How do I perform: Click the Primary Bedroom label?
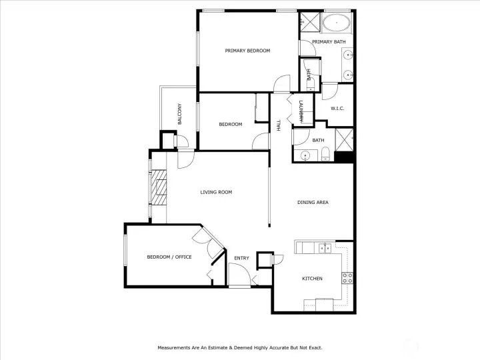247,51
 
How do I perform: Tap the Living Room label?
216,192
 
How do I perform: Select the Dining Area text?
313,203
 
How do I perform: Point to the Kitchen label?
312,279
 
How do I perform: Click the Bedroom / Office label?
169,257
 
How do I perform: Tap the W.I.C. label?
337,109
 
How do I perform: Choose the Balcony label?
180,114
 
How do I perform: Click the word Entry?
241,258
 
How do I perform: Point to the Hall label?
279,125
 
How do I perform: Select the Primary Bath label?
329,41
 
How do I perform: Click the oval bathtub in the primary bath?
337,22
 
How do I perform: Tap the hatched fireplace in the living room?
159,187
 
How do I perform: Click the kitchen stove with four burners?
347,278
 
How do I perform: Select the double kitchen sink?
325,248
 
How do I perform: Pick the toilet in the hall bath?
325,154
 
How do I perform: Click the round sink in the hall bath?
305,156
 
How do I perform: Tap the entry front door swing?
240,274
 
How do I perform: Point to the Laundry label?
301,112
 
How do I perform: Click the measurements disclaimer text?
240,348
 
